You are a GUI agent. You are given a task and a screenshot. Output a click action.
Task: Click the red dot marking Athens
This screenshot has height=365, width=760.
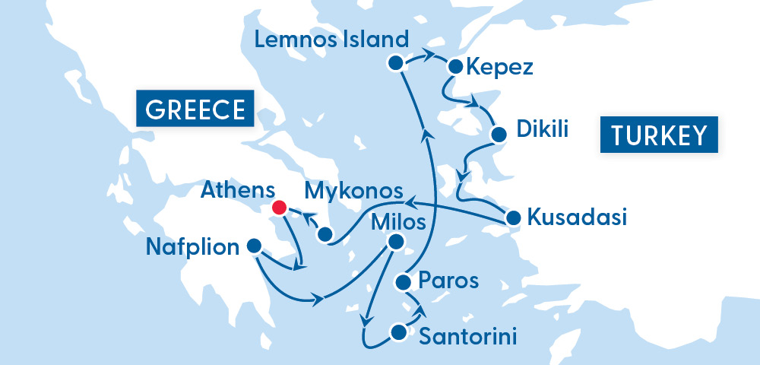(x=279, y=207)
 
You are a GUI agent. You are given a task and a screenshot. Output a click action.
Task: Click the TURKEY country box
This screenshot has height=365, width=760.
(x=659, y=135)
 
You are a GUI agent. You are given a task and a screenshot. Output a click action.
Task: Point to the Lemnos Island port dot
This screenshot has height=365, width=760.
(x=394, y=63)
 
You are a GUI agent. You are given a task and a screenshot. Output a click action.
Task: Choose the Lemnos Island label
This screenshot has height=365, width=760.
(x=332, y=40)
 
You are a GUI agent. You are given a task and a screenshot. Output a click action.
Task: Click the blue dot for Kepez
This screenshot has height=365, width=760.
(x=455, y=66)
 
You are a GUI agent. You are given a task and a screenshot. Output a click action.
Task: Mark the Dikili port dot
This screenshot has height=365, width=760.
(x=499, y=135)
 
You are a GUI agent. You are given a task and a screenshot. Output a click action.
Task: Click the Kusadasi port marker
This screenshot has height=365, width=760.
(x=514, y=218)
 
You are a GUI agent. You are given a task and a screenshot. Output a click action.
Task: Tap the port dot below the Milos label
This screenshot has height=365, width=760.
(x=395, y=242)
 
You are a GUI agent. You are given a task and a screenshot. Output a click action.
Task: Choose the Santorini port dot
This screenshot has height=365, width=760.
(x=397, y=332)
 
